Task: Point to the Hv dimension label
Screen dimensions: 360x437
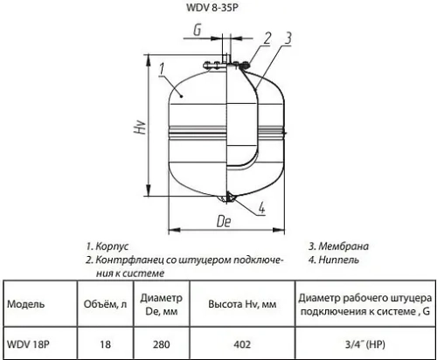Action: [x=139, y=128]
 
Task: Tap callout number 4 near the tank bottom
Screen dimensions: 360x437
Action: [x=263, y=208]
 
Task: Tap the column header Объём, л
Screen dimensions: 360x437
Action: [x=105, y=305]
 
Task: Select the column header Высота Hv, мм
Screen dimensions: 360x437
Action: [x=244, y=305]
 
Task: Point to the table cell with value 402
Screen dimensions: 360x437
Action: [x=244, y=344]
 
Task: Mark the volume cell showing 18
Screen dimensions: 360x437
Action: [x=105, y=344]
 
